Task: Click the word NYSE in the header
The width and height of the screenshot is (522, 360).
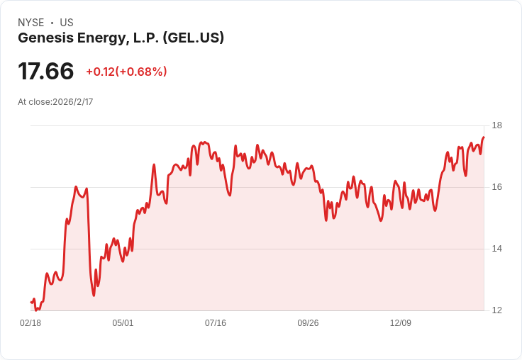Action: (30, 23)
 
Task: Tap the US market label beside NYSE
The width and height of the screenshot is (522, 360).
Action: (66, 23)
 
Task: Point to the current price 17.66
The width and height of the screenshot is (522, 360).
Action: (46, 72)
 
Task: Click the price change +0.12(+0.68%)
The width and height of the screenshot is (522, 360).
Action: (126, 72)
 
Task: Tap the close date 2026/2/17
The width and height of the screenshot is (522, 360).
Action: (73, 102)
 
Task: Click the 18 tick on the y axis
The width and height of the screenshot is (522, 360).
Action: (496, 126)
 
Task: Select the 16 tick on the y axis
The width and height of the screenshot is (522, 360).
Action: (496, 187)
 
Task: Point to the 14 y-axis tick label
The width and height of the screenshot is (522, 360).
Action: (496, 249)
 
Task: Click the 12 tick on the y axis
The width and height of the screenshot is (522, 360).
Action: (496, 310)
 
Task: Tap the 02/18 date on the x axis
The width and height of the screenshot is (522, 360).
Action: (30, 323)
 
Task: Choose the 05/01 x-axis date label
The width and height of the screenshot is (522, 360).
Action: (123, 323)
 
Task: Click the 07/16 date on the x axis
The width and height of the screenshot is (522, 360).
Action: (216, 323)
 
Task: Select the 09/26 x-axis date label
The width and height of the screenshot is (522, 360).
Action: (308, 323)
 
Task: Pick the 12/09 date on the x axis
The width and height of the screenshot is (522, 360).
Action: (401, 323)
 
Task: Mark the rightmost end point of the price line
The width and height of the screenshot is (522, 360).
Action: (484, 137)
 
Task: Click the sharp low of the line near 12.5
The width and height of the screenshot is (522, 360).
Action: (94, 295)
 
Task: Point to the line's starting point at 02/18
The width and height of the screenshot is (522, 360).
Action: (31, 303)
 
